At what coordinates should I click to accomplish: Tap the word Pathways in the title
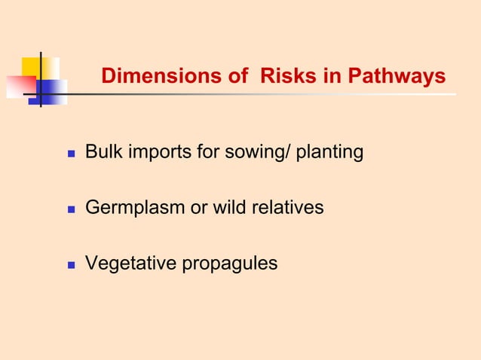(400, 78)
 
